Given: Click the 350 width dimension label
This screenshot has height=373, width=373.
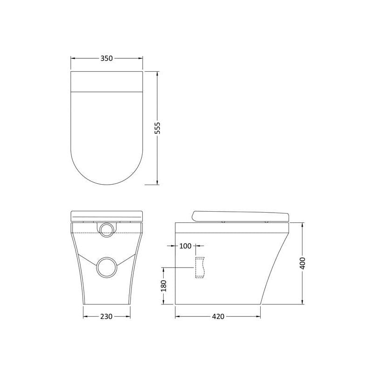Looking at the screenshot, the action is pos(106,58).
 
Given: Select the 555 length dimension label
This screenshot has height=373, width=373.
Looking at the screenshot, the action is pos(158,128).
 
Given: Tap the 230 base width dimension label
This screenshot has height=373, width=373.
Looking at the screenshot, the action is pos(106,317).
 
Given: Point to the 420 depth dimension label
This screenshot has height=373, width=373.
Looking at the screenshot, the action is pos(218,317).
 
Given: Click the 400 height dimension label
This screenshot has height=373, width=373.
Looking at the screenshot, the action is pos(302,263).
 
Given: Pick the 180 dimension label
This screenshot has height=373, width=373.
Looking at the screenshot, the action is pos(164,286).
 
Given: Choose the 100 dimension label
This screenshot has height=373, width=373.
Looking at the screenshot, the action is pos(185,246).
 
